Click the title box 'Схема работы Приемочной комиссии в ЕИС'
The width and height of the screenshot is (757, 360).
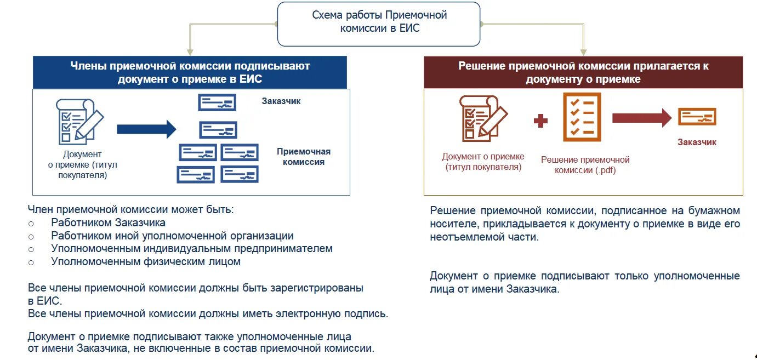[379, 22]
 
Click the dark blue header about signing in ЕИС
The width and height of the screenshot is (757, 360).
[190, 72]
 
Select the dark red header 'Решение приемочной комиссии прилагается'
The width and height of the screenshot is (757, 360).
[583, 72]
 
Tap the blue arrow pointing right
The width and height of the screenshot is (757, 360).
[146, 129]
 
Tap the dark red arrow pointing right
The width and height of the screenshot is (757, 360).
[641, 118]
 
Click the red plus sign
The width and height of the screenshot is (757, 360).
[541, 121]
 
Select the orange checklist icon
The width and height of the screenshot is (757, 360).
[582, 117]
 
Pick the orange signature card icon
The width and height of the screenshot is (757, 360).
[697, 117]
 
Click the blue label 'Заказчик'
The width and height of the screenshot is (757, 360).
[281, 101]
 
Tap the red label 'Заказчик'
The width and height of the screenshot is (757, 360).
[697, 142]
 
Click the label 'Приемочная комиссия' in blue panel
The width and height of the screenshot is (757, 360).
[303, 157]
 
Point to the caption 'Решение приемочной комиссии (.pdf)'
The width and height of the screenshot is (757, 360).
[585, 165]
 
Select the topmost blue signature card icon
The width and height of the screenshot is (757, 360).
[217, 102]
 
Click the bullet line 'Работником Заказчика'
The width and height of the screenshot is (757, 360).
[108, 223]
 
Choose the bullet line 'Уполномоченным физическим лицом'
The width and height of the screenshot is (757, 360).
[146, 262]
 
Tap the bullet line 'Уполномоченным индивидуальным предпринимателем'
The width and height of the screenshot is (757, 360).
[191, 249]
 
